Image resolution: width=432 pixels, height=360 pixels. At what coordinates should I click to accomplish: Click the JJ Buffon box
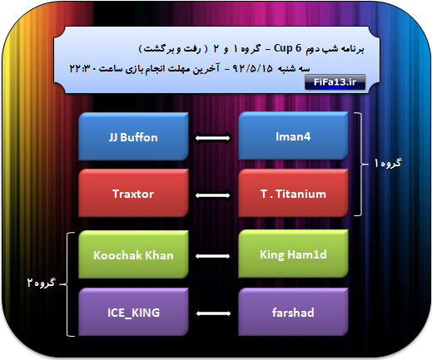pyautogui.click(x=133, y=136)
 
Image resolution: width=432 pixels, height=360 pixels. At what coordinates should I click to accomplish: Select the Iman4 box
pyautogui.click(x=293, y=136)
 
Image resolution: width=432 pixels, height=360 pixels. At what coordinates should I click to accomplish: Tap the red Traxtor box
pyautogui.click(x=133, y=193)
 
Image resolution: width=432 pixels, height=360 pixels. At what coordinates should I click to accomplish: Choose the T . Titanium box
pyautogui.click(x=293, y=193)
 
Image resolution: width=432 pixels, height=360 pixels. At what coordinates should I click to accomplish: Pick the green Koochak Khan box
pyautogui.click(x=133, y=254)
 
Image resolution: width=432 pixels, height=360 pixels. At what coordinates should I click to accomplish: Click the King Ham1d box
pyautogui.click(x=293, y=254)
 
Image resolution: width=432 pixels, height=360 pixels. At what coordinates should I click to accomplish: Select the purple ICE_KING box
pyautogui.click(x=133, y=312)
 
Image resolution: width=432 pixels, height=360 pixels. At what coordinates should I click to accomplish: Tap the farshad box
pyautogui.click(x=293, y=312)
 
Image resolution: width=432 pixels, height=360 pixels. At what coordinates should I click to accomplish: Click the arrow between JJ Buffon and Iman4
pyautogui.click(x=213, y=138)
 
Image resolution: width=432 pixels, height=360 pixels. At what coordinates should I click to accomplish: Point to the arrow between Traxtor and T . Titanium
pyautogui.click(x=213, y=195)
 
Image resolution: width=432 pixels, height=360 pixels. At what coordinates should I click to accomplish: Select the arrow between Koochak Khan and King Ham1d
pyautogui.click(x=213, y=256)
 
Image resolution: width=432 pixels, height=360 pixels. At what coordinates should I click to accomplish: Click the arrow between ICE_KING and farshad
pyautogui.click(x=213, y=313)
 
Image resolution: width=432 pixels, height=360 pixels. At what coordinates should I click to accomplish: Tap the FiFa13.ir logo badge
pyautogui.click(x=335, y=82)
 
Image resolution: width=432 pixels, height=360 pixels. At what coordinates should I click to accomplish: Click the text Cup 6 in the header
pyautogui.click(x=287, y=48)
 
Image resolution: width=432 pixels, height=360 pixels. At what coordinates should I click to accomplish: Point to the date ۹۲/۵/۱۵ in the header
pyautogui.click(x=252, y=68)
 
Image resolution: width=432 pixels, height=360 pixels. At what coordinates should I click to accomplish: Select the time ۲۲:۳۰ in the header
pyautogui.click(x=82, y=68)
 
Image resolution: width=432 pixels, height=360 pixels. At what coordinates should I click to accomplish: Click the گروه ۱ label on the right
pyautogui.click(x=388, y=163)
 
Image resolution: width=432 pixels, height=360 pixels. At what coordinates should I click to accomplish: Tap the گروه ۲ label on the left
pyautogui.click(x=42, y=283)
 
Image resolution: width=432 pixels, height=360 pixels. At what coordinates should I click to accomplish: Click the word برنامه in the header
pyautogui.click(x=352, y=49)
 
